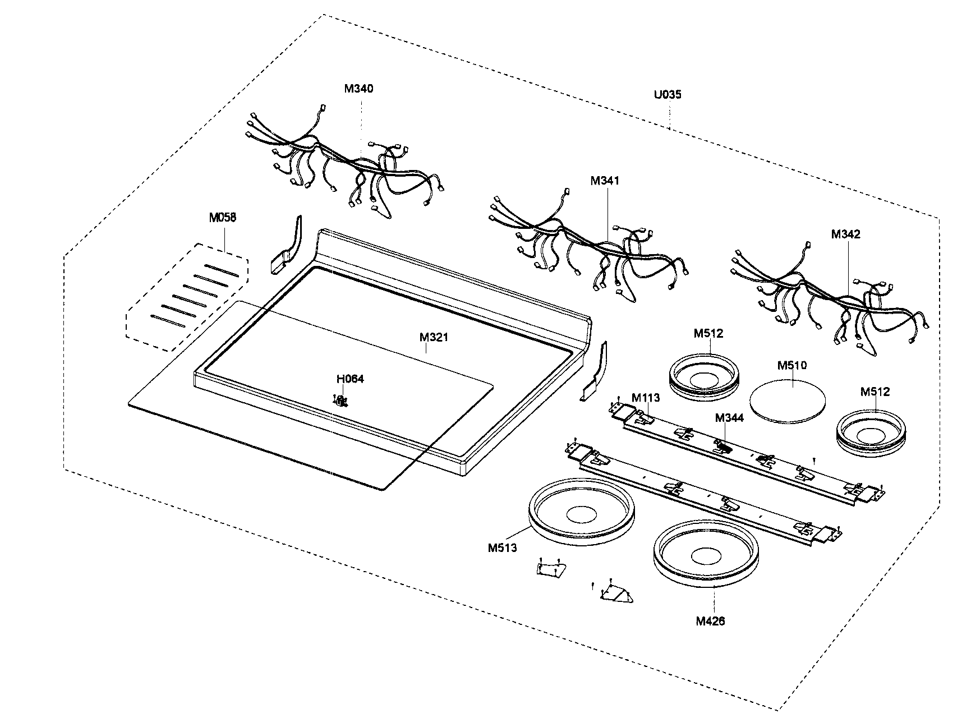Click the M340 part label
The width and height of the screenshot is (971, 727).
358,88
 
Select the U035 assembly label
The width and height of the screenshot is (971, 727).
668,94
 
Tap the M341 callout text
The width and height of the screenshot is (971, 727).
605,181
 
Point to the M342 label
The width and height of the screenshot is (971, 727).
845,234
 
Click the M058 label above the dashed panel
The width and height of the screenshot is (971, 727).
223,218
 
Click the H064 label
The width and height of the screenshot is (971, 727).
350,379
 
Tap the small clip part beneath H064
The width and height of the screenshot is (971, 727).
340,400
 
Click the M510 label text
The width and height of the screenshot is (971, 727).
792,365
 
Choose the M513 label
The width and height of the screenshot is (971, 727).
502,547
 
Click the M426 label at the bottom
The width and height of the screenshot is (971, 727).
710,621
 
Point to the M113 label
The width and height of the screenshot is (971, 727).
646,398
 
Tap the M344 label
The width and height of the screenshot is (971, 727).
729,417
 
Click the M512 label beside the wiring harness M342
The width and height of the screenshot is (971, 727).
875,392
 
